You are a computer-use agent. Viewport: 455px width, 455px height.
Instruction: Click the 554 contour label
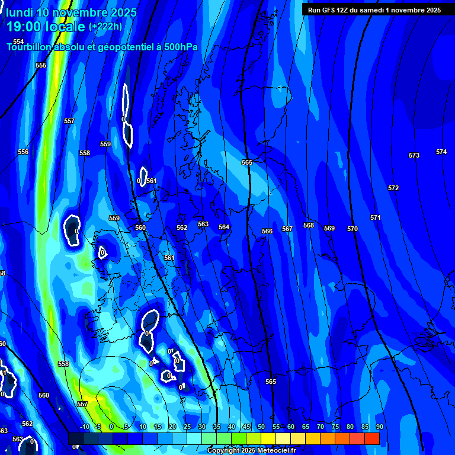[x=18, y=41]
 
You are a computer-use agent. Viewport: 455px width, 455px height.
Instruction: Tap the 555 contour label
[x=41, y=65]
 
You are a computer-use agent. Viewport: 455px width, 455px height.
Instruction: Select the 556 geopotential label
[x=23, y=152]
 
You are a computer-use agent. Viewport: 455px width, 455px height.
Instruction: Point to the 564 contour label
[x=224, y=227]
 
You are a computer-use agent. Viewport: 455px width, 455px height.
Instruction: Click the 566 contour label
[x=267, y=231]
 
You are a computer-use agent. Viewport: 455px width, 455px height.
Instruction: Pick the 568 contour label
[x=309, y=226]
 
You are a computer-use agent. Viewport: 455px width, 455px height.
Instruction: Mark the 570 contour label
[x=353, y=229]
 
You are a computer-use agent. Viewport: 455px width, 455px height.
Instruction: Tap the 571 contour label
[x=376, y=217]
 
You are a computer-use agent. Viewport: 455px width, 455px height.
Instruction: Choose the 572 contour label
[x=393, y=188]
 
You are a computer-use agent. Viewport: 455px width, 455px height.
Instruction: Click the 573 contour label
[x=414, y=155]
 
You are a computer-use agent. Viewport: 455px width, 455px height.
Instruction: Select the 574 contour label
[x=441, y=152]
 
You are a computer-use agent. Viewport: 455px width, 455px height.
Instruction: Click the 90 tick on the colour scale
[x=379, y=427]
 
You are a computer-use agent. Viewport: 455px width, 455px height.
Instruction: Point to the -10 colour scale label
[x=84, y=427]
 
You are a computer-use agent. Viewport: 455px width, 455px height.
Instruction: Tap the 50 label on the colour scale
[x=261, y=427]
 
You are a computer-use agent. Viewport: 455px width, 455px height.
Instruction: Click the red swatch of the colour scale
[x=372, y=438]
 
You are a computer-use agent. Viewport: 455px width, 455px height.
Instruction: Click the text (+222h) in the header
[x=105, y=27]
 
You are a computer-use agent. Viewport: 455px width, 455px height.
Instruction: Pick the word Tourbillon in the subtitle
[x=30, y=47]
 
